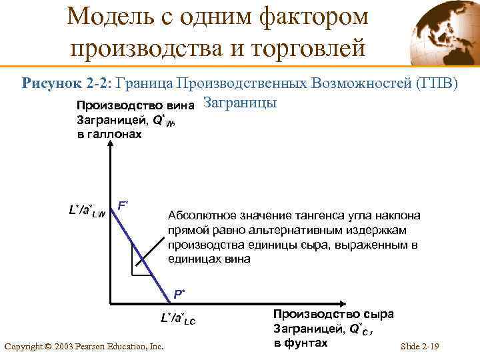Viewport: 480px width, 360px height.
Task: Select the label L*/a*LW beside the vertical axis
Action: [87, 211]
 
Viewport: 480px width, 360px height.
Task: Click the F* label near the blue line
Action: [123, 205]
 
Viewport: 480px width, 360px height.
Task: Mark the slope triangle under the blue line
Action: [142, 263]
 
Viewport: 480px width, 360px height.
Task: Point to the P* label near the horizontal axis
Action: [179, 293]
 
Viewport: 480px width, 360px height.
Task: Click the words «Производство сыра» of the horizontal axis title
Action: [333, 314]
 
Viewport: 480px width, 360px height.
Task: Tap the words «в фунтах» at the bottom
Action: [301, 343]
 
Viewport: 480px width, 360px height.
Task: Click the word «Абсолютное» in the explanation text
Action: [199, 216]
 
